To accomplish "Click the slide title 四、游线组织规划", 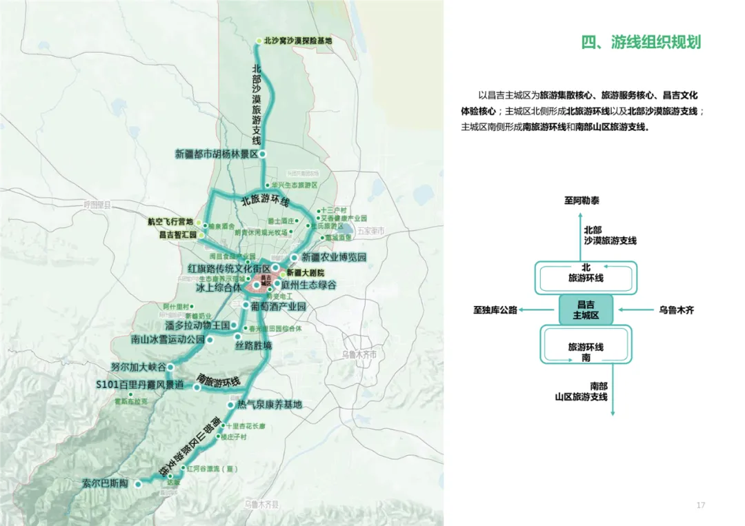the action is tap(641, 42).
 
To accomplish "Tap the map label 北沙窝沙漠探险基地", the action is tap(298, 41).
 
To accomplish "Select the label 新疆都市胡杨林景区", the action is tap(216, 154).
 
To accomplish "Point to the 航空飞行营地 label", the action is tap(170, 222).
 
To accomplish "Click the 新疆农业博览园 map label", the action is tap(328, 258).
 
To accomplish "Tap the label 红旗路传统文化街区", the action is tap(228, 267).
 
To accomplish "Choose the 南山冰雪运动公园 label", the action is tap(168, 340).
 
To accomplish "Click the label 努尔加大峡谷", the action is tap(138, 367).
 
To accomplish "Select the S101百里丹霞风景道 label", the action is tap(139, 384).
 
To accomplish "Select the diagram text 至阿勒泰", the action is tap(582, 201).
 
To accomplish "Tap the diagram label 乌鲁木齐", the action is tap(676, 310).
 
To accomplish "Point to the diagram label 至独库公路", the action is tap(495, 310).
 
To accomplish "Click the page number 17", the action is tap(701, 506).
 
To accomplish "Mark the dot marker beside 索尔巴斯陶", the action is tap(137, 484).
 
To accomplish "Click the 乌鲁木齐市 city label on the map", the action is tap(359, 354).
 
